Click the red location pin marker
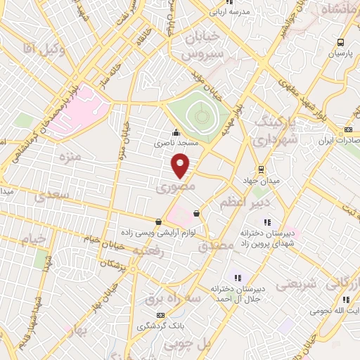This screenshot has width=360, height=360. (x=181, y=166)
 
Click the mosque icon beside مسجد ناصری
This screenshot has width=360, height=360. (x=176, y=132)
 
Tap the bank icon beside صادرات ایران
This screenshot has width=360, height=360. (x=349, y=130)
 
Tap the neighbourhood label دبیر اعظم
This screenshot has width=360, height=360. (x=236, y=203)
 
